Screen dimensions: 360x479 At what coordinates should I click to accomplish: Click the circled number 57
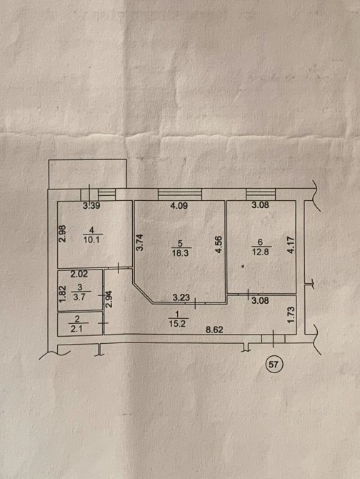pyautogui.click(x=274, y=364)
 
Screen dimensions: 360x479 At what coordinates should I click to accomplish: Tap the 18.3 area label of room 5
pyautogui.click(x=181, y=253)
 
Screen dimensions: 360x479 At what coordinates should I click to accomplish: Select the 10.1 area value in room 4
pyautogui.click(x=91, y=239)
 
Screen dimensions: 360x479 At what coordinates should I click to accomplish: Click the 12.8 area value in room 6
pyautogui.click(x=261, y=252)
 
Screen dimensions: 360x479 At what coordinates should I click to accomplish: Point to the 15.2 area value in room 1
pyautogui.click(x=177, y=324)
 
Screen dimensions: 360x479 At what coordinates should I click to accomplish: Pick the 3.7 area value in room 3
pyautogui.click(x=79, y=297)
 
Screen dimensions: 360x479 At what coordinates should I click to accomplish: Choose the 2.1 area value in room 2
pyautogui.click(x=76, y=329)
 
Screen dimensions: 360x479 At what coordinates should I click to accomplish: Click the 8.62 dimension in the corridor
pyautogui.click(x=214, y=330)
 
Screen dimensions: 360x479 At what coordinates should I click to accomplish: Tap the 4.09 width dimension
pyautogui.click(x=179, y=206)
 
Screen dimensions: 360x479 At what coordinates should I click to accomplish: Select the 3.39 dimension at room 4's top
pyautogui.click(x=91, y=206)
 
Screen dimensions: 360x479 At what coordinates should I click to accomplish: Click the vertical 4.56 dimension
pyautogui.click(x=219, y=245)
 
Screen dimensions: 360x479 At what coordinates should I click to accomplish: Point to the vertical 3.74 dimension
pyautogui.click(x=139, y=242)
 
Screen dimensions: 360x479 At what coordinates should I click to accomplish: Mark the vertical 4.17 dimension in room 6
pyautogui.click(x=291, y=245)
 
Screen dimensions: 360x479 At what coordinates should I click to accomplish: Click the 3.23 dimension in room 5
pyautogui.click(x=181, y=297)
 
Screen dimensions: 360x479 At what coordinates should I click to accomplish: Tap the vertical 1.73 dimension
pyautogui.click(x=291, y=315)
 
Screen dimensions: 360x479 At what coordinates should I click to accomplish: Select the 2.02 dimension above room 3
pyautogui.click(x=79, y=274)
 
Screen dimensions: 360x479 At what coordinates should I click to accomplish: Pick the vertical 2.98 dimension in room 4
pyautogui.click(x=62, y=234)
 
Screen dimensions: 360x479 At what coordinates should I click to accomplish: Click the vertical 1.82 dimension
pyautogui.click(x=62, y=294)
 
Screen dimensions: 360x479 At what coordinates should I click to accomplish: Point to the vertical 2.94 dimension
pyautogui.click(x=109, y=299)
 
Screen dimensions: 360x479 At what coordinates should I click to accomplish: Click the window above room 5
pyautogui.click(x=180, y=194)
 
